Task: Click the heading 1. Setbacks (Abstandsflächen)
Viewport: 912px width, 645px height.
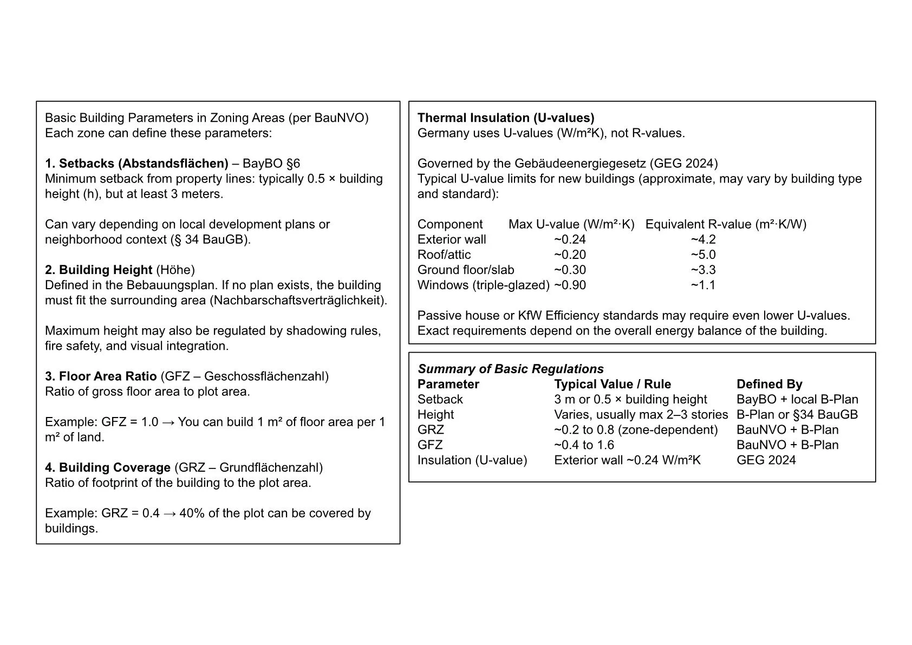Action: pyautogui.click(x=136, y=164)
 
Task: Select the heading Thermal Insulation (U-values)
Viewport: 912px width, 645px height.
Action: pyautogui.click(x=505, y=118)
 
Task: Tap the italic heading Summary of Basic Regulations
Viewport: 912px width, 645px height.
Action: pyautogui.click(x=510, y=369)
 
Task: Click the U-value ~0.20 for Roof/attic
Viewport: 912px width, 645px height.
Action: pyautogui.click(x=570, y=255)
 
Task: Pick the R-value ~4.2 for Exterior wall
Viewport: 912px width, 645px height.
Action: pyautogui.click(x=703, y=240)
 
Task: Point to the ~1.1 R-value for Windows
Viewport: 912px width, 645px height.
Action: pyautogui.click(x=703, y=285)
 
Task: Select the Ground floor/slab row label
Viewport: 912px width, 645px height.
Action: pyautogui.click(x=466, y=270)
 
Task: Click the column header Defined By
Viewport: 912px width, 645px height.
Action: pyautogui.click(x=769, y=385)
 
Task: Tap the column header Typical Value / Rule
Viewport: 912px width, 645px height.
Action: pyautogui.click(x=613, y=385)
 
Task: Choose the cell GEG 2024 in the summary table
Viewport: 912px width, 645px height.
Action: pyautogui.click(x=766, y=460)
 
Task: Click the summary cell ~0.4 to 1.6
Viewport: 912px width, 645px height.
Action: pyautogui.click(x=584, y=445)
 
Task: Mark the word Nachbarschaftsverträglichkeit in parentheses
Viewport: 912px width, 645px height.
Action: pyautogui.click(x=298, y=301)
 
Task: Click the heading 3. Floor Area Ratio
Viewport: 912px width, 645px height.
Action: pyautogui.click(x=101, y=376)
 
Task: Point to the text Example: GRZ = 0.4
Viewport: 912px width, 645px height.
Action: pyautogui.click(x=102, y=513)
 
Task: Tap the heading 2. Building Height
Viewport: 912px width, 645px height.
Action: pyautogui.click(x=99, y=270)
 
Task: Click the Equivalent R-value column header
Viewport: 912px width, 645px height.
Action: pyautogui.click(x=726, y=225)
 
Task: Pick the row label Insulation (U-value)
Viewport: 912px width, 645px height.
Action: pyautogui.click(x=472, y=460)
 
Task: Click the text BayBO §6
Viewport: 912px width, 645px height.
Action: pyautogui.click(x=271, y=164)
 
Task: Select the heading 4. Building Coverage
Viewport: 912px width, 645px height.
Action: pyautogui.click(x=108, y=468)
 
